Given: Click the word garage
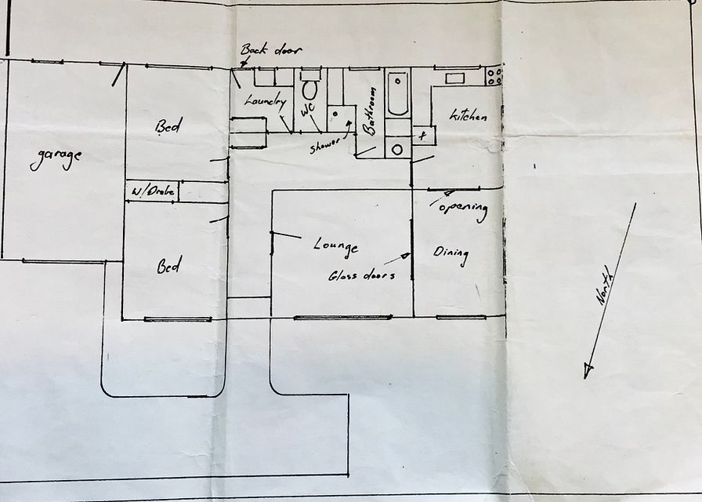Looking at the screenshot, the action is click(x=56, y=158).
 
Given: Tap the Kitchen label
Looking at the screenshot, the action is click(x=469, y=115).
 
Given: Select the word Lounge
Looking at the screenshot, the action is click(x=336, y=247).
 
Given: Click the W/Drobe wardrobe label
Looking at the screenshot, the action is click(x=153, y=191).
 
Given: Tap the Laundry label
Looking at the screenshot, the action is click(x=265, y=101).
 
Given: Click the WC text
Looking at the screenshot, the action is click(x=308, y=109).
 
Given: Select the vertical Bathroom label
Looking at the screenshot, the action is click(x=369, y=111).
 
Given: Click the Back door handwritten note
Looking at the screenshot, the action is click(x=271, y=49).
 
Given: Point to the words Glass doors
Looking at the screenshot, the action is click(x=362, y=275).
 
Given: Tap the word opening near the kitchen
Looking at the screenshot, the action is click(x=463, y=209).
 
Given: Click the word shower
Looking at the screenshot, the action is click(x=325, y=146).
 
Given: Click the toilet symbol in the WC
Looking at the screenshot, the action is click(x=309, y=85).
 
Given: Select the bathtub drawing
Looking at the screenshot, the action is click(x=397, y=93).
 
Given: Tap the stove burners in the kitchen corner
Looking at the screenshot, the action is click(x=494, y=76).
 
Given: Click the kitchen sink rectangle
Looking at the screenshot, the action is click(x=455, y=78).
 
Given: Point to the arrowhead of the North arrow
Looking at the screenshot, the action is click(x=588, y=371).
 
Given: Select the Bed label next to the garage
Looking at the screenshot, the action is click(x=168, y=126).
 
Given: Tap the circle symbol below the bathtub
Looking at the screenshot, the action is click(x=397, y=149).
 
